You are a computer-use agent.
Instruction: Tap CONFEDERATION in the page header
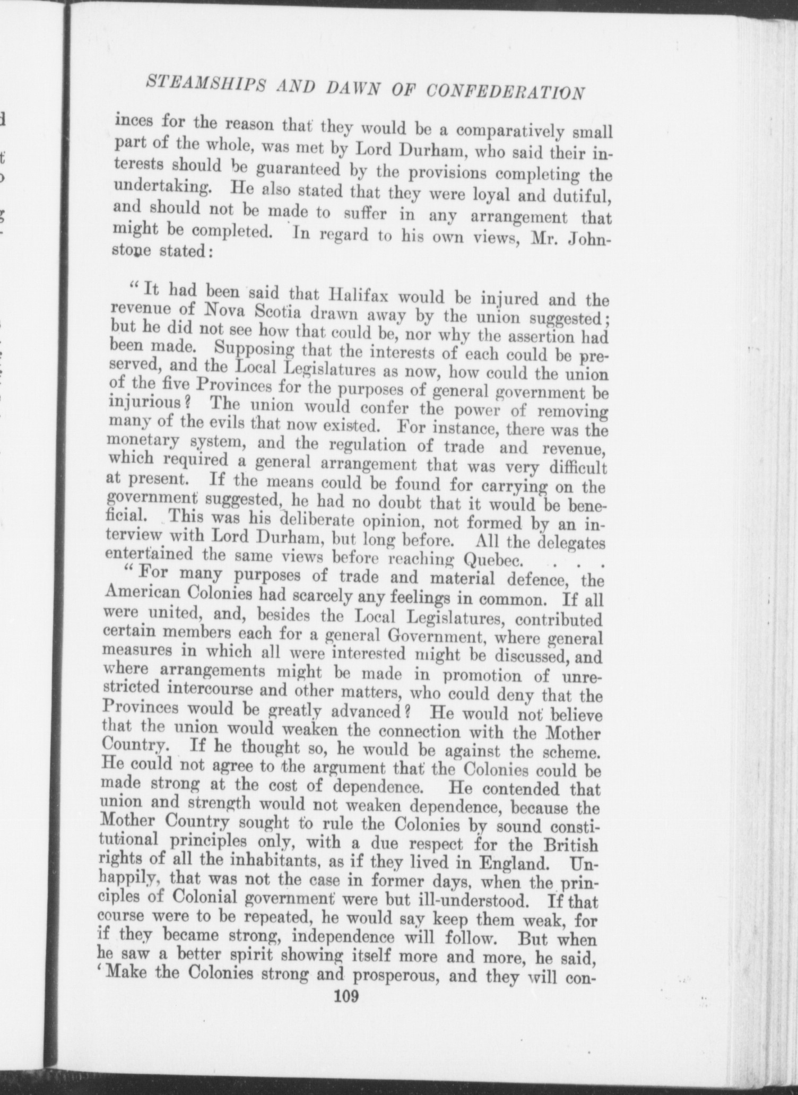point(506,91)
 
